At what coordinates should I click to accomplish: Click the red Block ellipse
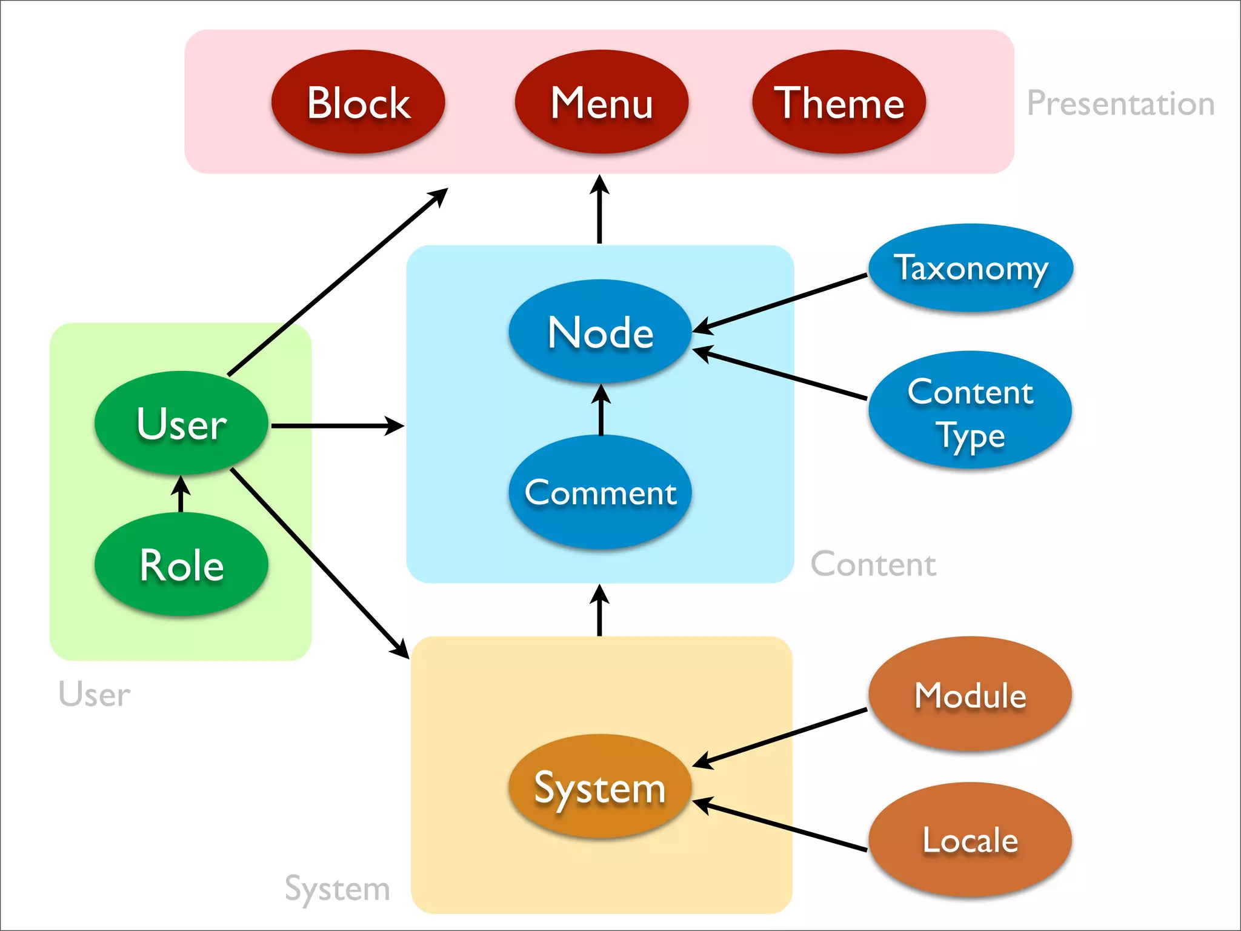[358, 102]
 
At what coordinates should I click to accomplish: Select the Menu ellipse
[601, 102]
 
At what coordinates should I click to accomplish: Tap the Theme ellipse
[839, 102]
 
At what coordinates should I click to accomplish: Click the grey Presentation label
[1120, 103]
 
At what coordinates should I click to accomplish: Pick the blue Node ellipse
[600, 332]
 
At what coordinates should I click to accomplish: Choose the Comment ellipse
[600, 492]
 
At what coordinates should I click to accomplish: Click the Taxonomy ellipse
[971, 268]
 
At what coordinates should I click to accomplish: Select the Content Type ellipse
[970, 410]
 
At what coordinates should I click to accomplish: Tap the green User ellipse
[181, 422]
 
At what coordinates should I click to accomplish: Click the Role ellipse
[181, 564]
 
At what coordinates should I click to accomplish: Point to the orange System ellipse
[600, 787]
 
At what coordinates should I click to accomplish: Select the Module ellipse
[970, 695]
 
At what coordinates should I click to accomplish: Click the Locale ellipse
[970, 840]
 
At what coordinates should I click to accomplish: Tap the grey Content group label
[873, 564]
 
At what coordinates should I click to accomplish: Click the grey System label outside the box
[338, 889]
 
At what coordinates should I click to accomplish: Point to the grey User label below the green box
[95, 694]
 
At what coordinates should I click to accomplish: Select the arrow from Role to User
[181, 494]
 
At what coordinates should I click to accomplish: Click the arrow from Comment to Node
[601, 410]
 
